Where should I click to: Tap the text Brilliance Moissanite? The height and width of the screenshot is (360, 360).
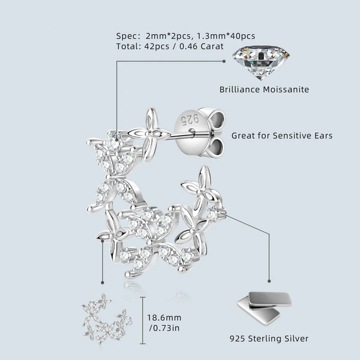click(x=264, y=90)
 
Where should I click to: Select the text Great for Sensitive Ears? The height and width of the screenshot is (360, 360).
click(x=282, y=135)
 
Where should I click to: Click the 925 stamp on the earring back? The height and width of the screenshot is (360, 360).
click(x=184, y=119)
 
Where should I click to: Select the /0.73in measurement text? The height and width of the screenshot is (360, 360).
click(x=164, y=328)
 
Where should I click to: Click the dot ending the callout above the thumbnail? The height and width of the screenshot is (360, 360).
click(x=103, y=283)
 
